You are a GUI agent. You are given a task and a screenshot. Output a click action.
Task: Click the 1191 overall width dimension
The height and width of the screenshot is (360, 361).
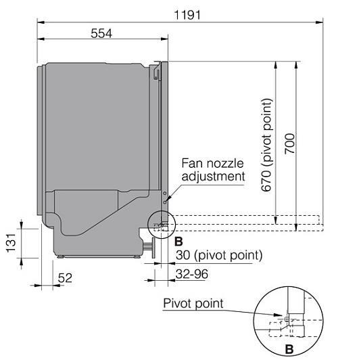(x=187, y=15)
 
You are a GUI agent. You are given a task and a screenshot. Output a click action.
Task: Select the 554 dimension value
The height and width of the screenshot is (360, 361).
(x=101, y=33)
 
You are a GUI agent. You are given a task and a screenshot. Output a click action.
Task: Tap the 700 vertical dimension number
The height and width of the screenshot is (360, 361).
(x=289, y=144)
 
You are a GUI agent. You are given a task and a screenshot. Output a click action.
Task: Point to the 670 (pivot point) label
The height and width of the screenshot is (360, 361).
(x=267, y=145)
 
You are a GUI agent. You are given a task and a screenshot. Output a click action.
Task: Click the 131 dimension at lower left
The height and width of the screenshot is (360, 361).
(x=11, y=243)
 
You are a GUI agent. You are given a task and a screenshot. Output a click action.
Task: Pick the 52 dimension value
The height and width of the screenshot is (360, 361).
(x=65, y=277)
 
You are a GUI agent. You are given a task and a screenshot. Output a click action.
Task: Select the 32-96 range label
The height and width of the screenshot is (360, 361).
(x=192, y=274)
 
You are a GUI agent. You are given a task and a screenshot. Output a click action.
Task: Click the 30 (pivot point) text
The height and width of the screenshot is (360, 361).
(x=219, y=255)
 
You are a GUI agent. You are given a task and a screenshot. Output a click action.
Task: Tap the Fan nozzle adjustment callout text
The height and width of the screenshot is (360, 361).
(x=213, y=170)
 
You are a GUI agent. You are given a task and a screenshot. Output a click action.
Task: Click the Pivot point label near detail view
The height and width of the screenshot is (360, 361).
(x=193, y=304)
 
